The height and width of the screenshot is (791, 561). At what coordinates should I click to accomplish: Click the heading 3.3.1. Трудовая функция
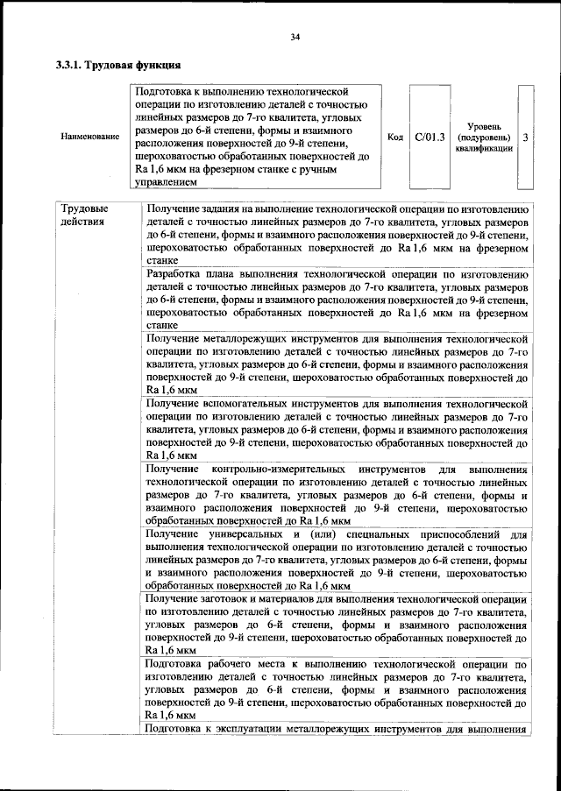[118, 65]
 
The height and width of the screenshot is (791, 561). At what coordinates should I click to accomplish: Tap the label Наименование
[90, 138]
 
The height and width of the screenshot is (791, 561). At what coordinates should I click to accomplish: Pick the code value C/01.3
[430, 138]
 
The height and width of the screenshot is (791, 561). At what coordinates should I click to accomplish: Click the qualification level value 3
[524, 138]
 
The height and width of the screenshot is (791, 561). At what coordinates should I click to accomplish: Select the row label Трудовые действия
[84, 215]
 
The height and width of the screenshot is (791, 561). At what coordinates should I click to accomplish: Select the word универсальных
[237, 533]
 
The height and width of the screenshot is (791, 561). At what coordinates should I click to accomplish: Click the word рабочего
[231, 663]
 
